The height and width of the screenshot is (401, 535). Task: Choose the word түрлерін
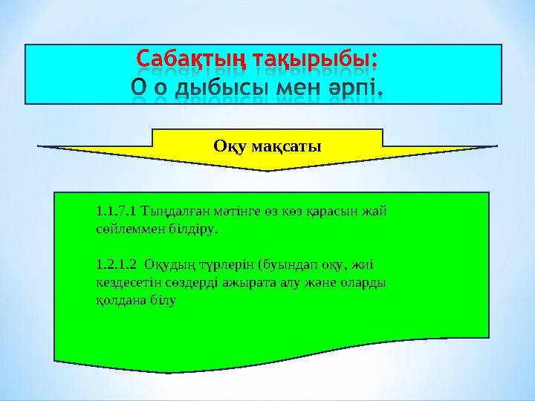coord(227,265)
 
